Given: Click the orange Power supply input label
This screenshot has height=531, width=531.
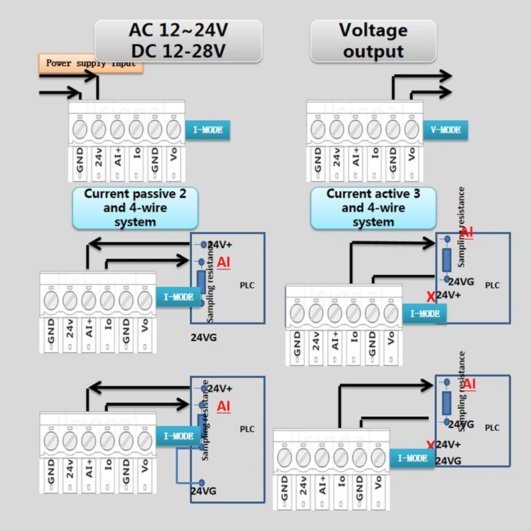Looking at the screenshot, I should point(91,64).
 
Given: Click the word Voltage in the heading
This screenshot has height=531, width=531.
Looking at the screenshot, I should point(373,30).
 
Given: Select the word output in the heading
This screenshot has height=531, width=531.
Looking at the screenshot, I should point(373,51).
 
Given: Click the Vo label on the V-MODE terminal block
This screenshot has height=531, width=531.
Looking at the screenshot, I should point(412,157).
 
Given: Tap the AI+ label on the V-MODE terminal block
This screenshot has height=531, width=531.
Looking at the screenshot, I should point(356,157).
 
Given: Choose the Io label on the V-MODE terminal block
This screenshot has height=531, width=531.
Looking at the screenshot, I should point(374,157).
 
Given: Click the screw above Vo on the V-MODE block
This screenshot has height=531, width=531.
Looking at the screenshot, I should point(412,126).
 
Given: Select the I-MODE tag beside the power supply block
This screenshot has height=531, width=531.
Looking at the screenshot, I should point(208,130).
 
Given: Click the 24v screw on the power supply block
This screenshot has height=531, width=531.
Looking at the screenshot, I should point(99,126).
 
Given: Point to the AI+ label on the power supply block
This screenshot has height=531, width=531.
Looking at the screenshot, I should point(117,157).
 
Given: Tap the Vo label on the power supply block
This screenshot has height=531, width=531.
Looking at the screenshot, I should point(173,157).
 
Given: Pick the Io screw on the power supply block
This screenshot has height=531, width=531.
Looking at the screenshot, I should point(136,126).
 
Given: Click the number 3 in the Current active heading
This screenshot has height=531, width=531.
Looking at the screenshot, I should point(416,194).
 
